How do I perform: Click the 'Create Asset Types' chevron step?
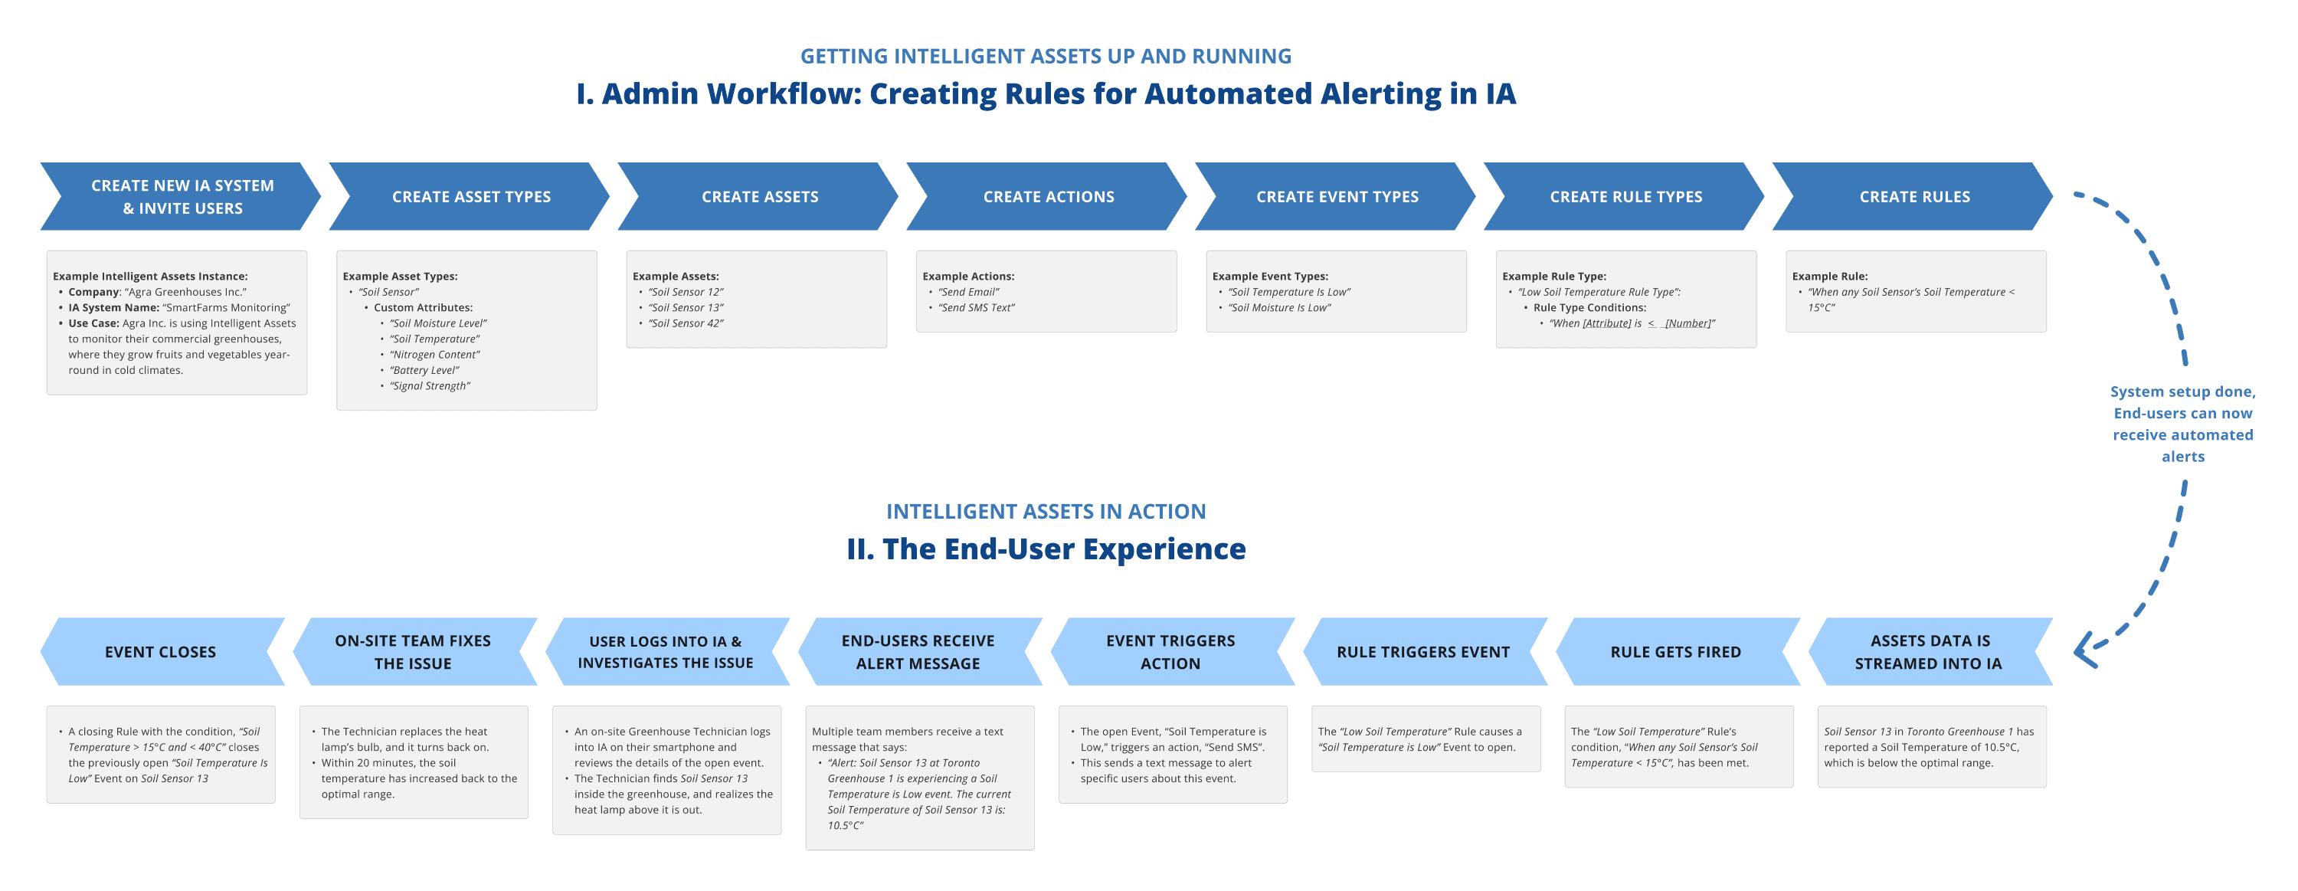[x=470, y=196]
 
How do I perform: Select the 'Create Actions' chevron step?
[x=1047, y=196]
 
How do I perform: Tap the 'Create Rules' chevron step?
[x=1913, y=196]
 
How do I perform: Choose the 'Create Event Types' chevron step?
[x=1337, y=196]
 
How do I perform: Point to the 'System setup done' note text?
[x=2183, y=424]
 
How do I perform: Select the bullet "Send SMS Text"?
[x=977, y=308]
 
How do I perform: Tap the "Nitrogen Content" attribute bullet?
[x=434, y=355]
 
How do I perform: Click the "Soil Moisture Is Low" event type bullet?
[x=1279, y=308]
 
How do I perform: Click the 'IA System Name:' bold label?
[x=114, y=308]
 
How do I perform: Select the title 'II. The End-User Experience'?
[x=1046, y=549]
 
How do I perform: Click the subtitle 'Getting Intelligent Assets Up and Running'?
[x=1046, y=56]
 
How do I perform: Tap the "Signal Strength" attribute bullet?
[x=430, y=386]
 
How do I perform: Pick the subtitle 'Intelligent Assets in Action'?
[x=1046, y=511]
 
